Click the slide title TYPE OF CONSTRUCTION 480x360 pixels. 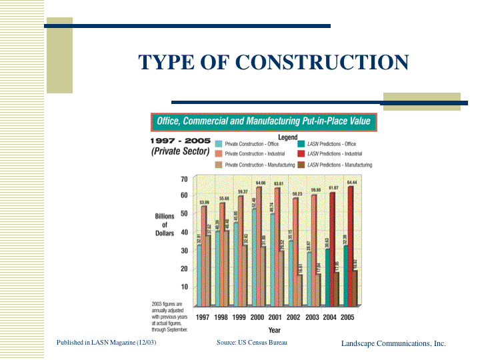(x=273, y=63)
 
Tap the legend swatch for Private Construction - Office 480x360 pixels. (x=218, y=143)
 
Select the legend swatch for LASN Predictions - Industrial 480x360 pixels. (x=301, y=154)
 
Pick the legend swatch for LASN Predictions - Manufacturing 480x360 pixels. (x=301, y=165)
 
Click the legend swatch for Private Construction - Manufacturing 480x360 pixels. (x=218, y=165)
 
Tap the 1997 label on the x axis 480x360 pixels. (x=203, y=317)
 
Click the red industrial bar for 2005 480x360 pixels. (x=351, y=247)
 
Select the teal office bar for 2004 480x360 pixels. (x=328, y=277)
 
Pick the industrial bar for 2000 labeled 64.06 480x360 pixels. (x=259, y=247)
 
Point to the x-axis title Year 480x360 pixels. (x=274, y=330)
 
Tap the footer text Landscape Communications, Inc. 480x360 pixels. (x=393, y=343)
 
